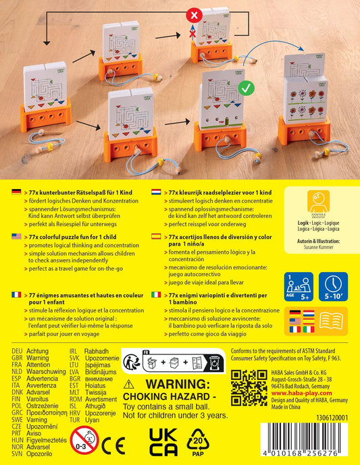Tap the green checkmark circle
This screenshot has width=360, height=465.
click(x=245, y=86)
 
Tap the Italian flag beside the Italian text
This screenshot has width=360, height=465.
click(x=157, y=295)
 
